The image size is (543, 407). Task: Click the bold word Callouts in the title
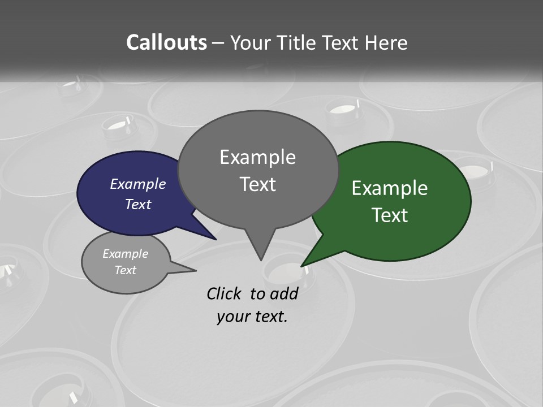[166, 42]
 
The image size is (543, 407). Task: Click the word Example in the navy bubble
[138, 184]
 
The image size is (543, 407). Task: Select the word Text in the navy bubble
[138, 204]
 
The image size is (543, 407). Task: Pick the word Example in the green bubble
[390, 188]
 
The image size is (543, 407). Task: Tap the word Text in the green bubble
[390, 215]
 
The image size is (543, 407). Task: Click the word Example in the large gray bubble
[257, 157]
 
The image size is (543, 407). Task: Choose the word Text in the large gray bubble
[257, 184]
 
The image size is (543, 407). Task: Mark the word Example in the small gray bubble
[125, 254]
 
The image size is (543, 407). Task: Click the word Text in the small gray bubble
[125, 270]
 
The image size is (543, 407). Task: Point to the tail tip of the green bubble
[303, 265]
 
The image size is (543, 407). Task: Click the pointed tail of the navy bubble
[214, 238]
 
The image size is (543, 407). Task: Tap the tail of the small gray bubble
[192, 270]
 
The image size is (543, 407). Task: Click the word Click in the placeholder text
[225, 293]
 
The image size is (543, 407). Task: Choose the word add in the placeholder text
[284, 293]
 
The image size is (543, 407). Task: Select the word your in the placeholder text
[231, 316]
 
